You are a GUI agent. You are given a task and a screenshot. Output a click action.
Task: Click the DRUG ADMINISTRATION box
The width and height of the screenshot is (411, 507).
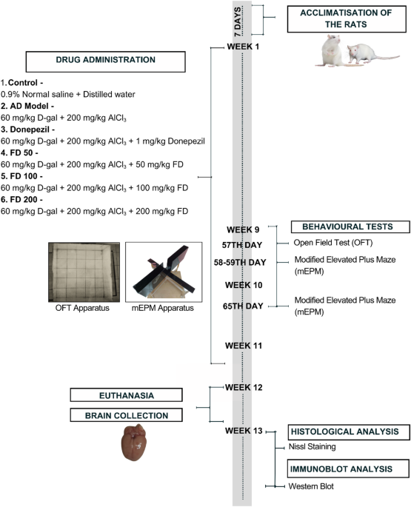click(105, 61)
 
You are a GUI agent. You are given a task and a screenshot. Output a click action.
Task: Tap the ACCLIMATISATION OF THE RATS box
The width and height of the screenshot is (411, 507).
click(347, 19)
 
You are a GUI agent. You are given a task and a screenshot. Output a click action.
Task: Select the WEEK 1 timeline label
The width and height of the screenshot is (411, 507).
click(243, 47)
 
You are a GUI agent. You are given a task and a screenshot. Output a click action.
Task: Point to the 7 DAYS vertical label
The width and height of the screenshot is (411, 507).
click(238, 21)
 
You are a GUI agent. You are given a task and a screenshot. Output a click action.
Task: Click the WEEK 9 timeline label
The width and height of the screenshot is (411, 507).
click(243, 229)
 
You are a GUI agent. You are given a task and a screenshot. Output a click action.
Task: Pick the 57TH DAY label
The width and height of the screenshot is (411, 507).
click(242, 245)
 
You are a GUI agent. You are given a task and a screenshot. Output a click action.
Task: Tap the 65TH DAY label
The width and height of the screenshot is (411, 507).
click(243, 306)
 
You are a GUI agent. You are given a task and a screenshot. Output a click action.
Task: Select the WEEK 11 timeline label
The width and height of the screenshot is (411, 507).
click(244, 346)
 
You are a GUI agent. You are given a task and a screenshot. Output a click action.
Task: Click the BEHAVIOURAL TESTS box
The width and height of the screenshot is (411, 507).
click(350, 226)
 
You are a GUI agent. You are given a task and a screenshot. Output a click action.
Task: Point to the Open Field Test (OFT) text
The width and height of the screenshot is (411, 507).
click(333, 243)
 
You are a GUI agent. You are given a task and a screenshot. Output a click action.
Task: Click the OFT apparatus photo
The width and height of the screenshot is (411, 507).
click(84, 272)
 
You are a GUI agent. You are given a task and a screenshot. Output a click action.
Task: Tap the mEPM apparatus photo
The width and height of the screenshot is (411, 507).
click(164, 272)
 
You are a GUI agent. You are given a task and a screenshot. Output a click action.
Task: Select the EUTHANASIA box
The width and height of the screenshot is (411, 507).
click(126, 395)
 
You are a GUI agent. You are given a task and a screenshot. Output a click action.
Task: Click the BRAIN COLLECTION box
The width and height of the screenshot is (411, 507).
click(126, 415)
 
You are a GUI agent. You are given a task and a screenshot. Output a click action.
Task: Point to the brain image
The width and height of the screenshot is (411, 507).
click(133, 443)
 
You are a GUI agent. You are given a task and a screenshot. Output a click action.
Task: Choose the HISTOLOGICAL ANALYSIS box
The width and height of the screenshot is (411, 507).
click(349, 432)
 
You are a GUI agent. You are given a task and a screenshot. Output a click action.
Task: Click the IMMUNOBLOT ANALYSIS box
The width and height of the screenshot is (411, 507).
click(348, 469)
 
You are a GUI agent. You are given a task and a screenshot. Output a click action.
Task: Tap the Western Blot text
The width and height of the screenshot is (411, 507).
click(311, 486)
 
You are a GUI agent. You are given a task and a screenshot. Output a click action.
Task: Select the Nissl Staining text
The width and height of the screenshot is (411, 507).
click(312, 446)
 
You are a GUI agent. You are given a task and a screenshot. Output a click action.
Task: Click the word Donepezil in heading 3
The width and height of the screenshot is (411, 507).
click(30, 130)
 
